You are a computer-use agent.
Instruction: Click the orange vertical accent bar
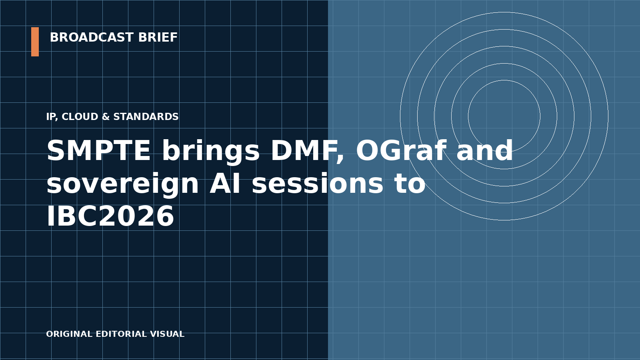tap(35, 42)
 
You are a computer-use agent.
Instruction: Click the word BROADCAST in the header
tap(92, 38)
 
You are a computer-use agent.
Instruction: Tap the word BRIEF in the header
tap(158, 38)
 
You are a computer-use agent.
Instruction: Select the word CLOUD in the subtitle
tap(80, 116)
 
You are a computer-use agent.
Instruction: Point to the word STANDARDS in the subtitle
tap(146, 116)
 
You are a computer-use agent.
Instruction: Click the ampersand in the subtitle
tap(106, 116)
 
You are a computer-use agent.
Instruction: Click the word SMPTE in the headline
tap(98, 151)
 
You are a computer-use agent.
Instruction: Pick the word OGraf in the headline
tap(400, 150)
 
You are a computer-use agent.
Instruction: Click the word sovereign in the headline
tap(122, 184)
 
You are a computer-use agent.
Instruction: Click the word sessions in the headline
tap(318, 183)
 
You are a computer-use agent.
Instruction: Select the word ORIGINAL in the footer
tap(70, 334)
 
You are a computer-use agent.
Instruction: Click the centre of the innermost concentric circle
tap(504, 116)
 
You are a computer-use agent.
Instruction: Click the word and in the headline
tap(484, 150)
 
